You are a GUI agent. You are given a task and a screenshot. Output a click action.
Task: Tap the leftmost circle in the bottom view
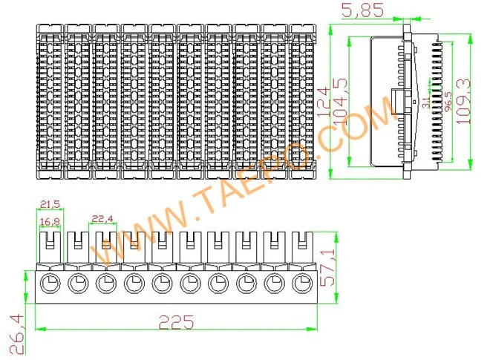tap(50, 283)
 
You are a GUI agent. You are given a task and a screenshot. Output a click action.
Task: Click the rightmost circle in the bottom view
tap(302, 283)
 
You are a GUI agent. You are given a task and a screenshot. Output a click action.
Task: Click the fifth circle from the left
tap(162, 283)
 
